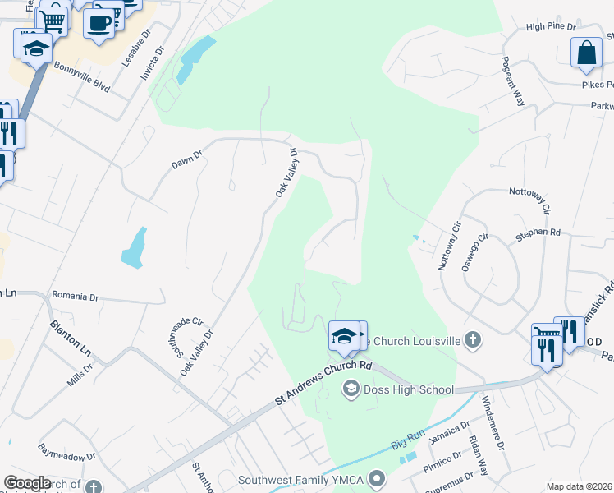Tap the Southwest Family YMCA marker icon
(377, 477)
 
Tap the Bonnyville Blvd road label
(82, 74)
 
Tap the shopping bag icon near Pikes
(587, 53)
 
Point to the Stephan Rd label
(538, 234)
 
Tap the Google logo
(27, 482)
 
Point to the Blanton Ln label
(71, 338)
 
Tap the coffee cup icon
(99, 23)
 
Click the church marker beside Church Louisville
(472, 339)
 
